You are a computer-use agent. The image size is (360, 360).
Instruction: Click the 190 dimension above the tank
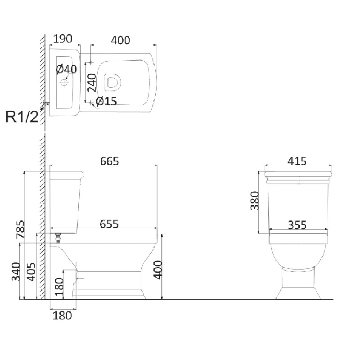point(63,39)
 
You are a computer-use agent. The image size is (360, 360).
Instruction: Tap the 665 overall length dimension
point(109,161)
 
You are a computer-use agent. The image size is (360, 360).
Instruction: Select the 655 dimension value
point(109,224)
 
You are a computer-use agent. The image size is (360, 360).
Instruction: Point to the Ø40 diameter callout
point(67,69)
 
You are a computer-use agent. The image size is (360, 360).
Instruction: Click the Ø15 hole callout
point(107,101)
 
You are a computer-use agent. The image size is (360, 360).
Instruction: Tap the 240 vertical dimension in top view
point(92,83)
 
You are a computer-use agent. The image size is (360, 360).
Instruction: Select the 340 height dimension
point(16,272)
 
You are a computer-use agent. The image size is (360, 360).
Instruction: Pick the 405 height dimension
point(31,272)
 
